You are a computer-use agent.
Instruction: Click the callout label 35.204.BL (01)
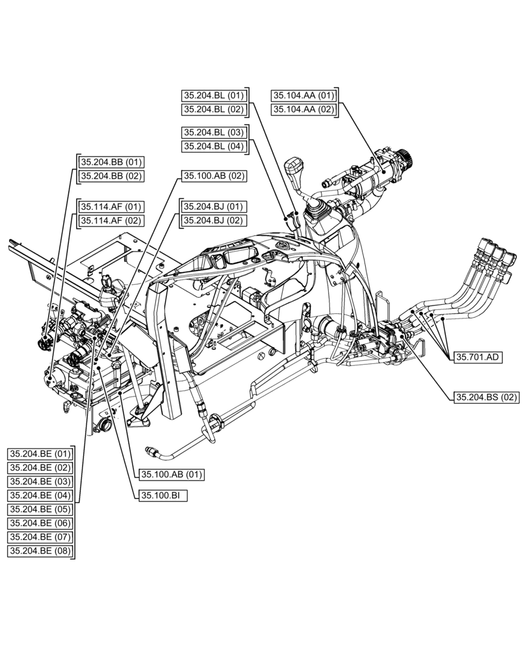click(x=212, y=96)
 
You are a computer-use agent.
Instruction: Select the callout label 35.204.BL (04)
click(x=212, y=146)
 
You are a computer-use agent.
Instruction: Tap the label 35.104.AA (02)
click(x=303, y=110)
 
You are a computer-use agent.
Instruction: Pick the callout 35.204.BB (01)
click(x=110, y=162)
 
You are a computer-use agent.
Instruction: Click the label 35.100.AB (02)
click(x=213, y=176)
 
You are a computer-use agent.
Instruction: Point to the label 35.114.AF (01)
click(x=110, y=207)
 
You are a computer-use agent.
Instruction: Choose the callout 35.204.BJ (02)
click(x=212, y=221)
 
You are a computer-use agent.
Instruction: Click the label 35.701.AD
click(x=478, y=357)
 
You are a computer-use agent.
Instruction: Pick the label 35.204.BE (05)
click(x=40, y=509)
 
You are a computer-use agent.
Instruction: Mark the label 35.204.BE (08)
click(x=40, y=551)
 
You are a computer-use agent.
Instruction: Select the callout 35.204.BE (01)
click(x=40, y=453)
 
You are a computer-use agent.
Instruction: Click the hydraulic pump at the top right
click(x=377, y=175)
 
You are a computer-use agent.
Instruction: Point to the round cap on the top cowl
click(x=283, y=244)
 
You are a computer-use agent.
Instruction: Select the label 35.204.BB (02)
click(x=110, y=176)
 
